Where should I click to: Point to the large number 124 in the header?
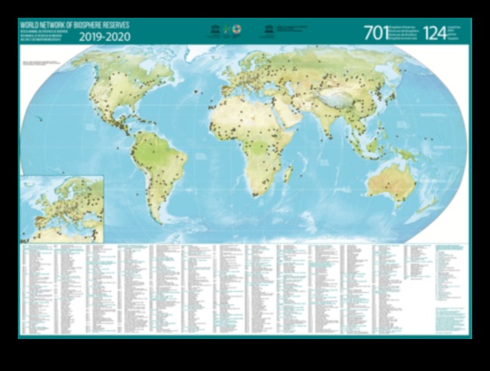click(x=435, y=34)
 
